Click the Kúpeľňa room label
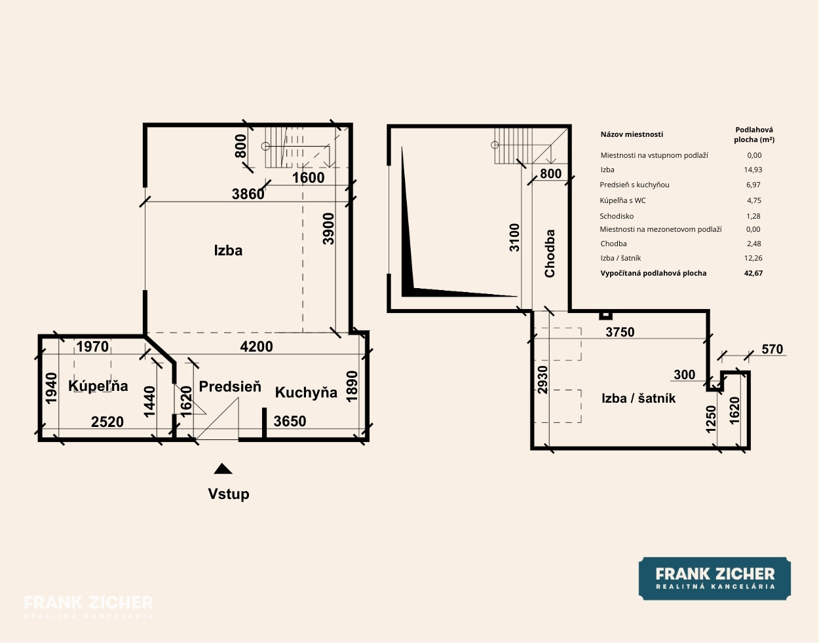98,386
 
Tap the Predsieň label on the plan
230,386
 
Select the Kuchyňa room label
306,393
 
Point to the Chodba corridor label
550,253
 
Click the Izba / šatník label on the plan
638,399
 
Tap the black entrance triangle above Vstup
223,469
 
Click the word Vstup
229,494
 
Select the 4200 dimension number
256,346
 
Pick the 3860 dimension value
248,194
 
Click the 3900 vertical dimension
329,229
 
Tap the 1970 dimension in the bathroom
92,346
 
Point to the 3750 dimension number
620,332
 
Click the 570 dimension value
772,349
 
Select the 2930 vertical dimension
543,380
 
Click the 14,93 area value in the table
753,170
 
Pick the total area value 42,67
753,273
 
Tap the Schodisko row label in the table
617,216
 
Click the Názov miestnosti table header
632,134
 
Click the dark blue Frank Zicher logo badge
715,579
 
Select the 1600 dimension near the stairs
309,178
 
